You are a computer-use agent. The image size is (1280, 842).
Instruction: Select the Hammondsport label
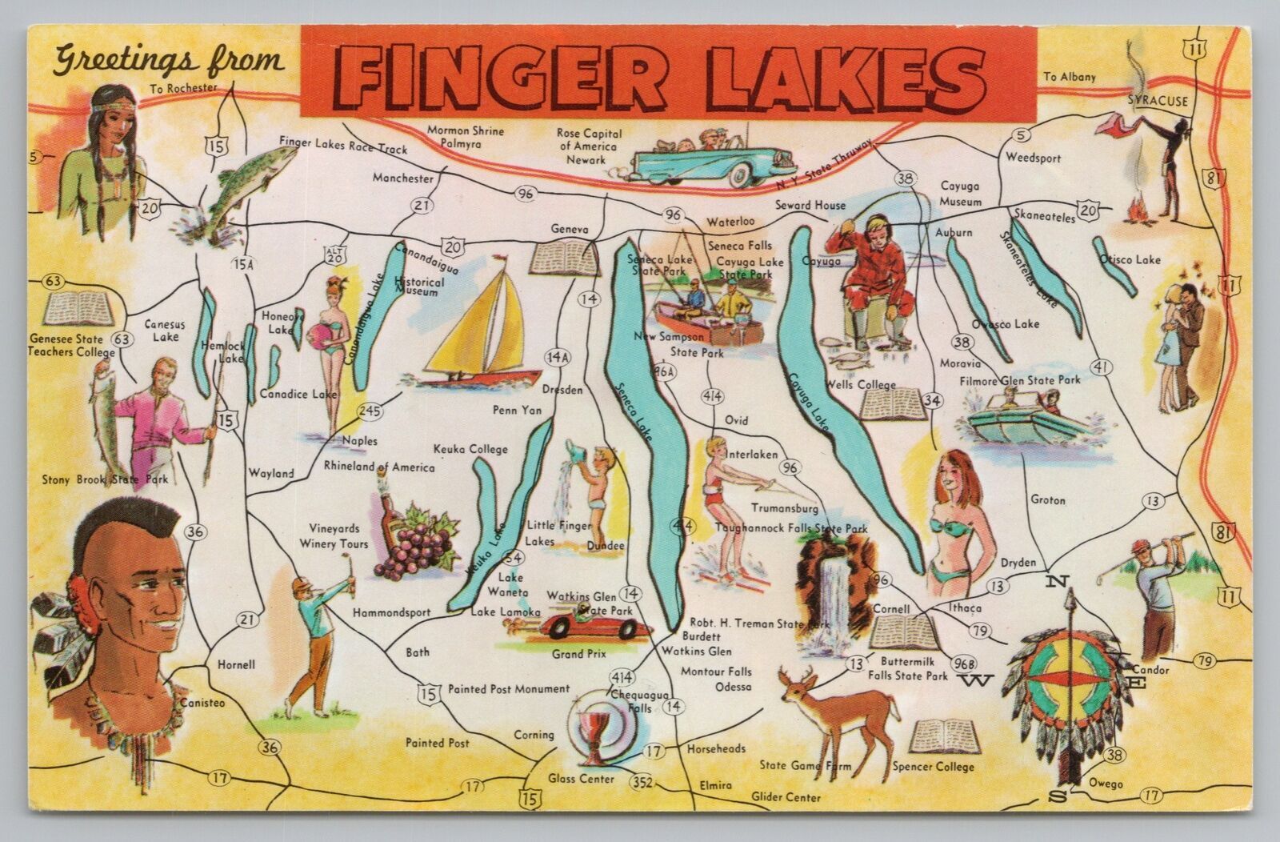coord(391,612)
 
